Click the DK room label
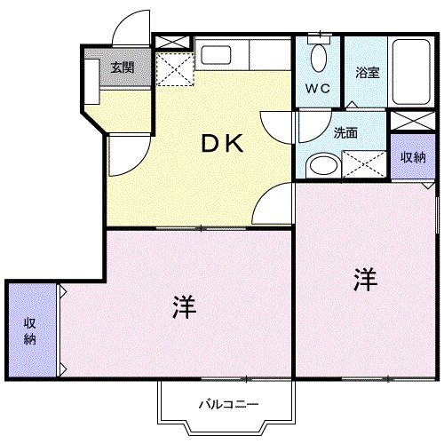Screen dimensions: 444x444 click(222, 144)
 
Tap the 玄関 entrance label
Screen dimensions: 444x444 click(123, 67)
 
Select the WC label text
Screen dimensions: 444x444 click(318, 88)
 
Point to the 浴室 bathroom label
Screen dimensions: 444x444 click(368, 73)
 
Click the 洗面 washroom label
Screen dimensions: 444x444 click(345, 133)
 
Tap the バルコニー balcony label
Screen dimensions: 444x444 click(228, 404)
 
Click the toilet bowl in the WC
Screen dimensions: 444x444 click(319, 58)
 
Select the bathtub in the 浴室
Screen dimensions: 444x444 click(411, 72)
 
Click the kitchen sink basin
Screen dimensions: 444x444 click(216, 55)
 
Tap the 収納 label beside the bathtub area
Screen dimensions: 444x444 click(413, 157)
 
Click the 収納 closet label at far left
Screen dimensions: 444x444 click(29, 331)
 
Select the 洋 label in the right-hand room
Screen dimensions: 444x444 click(366, 280)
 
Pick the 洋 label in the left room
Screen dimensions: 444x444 click(185, 307)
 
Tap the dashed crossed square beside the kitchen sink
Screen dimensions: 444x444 click(175, 69)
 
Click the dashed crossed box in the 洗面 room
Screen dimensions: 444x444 click(364, 164)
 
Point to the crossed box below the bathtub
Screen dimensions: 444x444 click(413, 121)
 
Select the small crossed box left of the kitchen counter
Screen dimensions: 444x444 click(172, 42)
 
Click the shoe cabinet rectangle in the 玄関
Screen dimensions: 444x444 click(91, 82)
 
